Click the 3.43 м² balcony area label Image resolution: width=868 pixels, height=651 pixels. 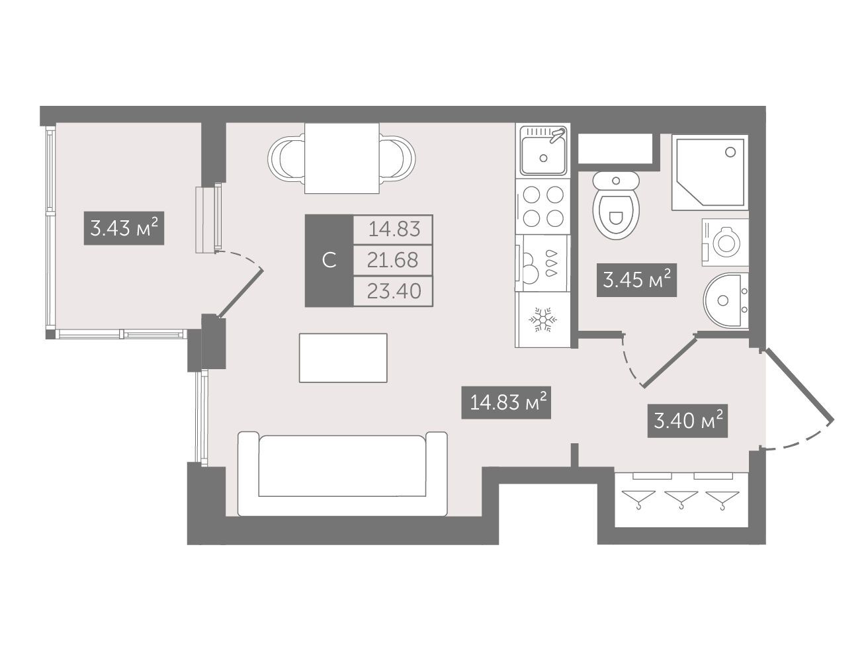(124, 228)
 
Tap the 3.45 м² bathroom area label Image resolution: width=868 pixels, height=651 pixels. (636, 280)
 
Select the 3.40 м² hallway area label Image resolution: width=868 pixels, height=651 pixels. (687, 421)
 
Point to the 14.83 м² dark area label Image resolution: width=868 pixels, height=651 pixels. (506, 402)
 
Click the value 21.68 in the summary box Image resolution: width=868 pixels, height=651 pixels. (393, 260)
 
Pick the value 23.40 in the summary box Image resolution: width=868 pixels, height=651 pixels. (394, 291)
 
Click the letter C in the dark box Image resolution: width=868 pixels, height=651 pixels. (329, 261)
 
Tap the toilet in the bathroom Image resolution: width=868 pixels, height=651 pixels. (616, 205)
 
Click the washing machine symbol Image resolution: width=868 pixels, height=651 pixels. (725, 242)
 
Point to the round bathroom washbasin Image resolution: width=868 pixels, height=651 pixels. (726, 300)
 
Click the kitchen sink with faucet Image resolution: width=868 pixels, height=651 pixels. (543, 150)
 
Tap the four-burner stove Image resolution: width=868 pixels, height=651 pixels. (543, 206)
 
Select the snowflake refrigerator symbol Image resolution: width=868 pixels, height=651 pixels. (542, 320)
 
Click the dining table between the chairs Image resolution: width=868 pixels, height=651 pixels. (341, 158)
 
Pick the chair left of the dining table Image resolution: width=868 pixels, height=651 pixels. (286, 158)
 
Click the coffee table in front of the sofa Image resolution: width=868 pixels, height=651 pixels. (343, 358)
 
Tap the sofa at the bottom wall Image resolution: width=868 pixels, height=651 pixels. (343, 474)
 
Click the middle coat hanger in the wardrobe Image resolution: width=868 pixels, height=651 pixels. (681, 499)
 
